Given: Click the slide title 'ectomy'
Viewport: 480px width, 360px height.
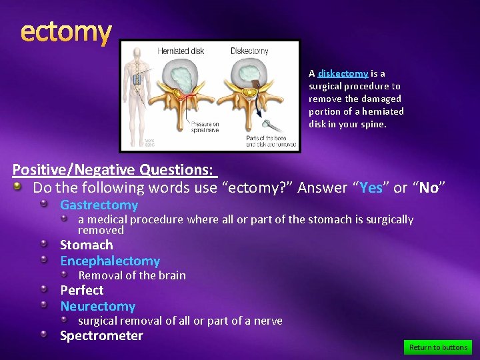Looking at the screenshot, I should pyautogui.click(x=65, y=31).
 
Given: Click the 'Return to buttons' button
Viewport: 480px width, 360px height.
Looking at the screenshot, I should pyautogui.click(x=437, y=347).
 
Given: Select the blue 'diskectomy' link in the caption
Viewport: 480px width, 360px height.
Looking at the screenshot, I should pyautogui.click(x=343, y=73).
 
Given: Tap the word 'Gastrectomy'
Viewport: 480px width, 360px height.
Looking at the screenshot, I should pyautogui.click(x=99, y=205).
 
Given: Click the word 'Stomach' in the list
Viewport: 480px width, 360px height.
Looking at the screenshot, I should pyautogui.click(x=87, y=245).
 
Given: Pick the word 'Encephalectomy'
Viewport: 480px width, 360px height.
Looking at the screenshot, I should pyautogui.click(x=110, y=261).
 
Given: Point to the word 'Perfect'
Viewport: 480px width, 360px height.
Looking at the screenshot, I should pyautogui.click(x=82, y=290).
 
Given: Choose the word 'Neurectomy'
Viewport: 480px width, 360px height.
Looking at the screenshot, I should pyautogui.click(x=97, y=306).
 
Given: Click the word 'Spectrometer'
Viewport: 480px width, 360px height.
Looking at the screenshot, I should pyautogui.click(x=101, y=335).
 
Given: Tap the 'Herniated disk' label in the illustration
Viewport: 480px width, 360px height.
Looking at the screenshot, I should pyautogui.click(x=181, y=51).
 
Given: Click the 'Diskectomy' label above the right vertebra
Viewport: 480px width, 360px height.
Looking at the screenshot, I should pyautogui.click(x=250, y=51).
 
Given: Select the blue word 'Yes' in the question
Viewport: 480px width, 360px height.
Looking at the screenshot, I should pyautogui.click(x=370, y=188).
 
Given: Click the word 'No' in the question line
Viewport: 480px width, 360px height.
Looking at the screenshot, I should pyautogui.click(x=428, y=188).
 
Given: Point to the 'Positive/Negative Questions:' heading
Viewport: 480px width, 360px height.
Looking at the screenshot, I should pyautogui.click(x=115, y=170).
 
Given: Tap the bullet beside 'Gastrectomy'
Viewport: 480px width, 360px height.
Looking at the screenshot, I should pyautogui.click(x=43, y=205).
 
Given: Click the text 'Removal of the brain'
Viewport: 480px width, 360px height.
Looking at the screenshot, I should pyautogui.click(x=132, y=275).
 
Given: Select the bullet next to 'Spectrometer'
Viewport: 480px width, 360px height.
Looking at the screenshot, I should pyautogui.click(x=43, y=335).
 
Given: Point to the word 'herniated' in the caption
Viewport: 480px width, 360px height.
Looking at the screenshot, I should pyautogui.click(x=383, y=111).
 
